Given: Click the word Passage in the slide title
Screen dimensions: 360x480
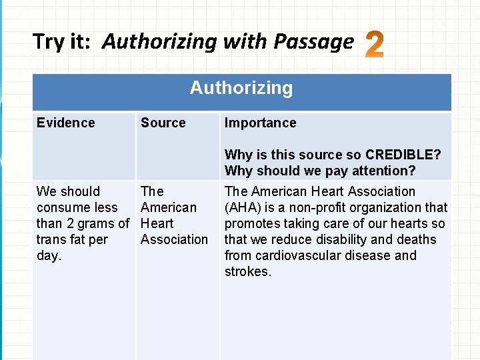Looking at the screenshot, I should [x=313, y=42].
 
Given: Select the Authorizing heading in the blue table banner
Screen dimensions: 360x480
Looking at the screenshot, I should [x=241, y=88].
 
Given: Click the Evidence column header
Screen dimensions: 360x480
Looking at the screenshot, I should [x=66, y=123].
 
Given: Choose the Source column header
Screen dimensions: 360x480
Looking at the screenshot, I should [x=163, y=123].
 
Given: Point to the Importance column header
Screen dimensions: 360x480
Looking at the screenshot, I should [x=261, y=123].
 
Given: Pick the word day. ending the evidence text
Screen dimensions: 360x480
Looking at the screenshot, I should [x=49, y=255].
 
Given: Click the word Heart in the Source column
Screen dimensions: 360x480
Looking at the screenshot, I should [x=157, y=223].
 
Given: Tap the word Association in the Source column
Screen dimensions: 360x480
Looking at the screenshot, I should [x=175, y=239].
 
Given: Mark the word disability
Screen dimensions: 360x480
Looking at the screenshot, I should [x=345, y=239].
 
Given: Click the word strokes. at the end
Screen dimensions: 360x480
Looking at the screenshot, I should [x=248, y=271].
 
